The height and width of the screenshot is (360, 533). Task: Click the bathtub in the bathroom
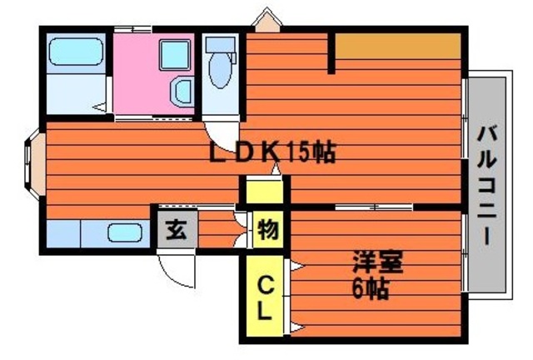76,52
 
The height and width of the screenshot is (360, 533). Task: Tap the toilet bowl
221,72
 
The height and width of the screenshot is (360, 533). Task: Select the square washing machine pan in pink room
175,55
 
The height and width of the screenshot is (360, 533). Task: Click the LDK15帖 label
272,152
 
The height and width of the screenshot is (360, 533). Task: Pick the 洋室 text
377,262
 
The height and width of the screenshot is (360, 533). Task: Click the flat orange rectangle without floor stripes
398,45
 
